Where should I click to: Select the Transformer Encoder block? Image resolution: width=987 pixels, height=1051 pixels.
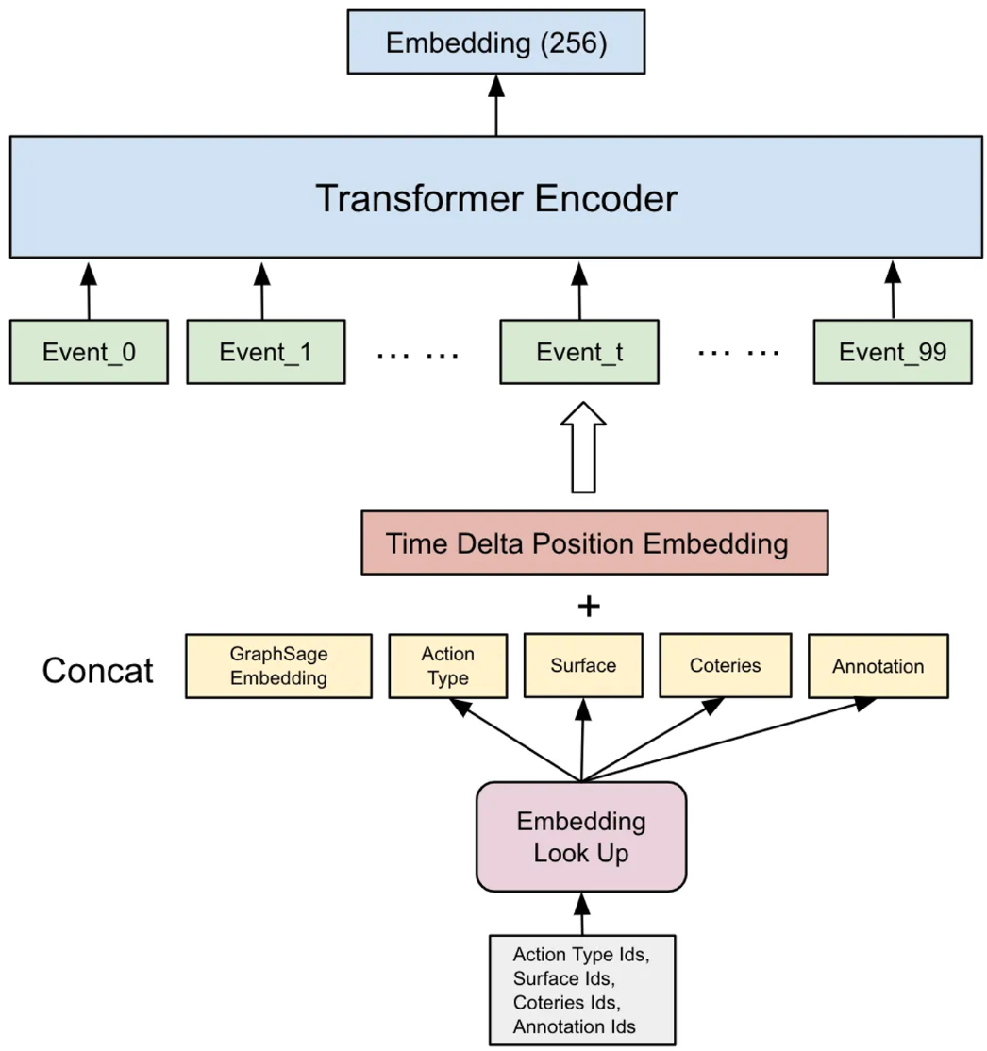(496, 197)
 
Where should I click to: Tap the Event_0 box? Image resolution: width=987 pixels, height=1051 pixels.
(89, 352)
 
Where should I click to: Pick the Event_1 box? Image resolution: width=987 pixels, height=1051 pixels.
(265, 352)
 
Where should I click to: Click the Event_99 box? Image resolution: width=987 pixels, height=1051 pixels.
(893, 352)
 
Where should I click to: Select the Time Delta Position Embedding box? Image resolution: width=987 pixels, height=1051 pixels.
(594, 543)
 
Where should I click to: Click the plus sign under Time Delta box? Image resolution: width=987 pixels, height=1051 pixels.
(588, 606)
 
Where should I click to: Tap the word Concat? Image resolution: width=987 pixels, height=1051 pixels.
(98, 670)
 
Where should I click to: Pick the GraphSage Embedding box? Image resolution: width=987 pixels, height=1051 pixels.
(278, 665)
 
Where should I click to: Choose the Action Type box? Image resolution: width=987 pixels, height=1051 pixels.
(448, 665)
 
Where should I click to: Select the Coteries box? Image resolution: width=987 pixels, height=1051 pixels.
(724, 665)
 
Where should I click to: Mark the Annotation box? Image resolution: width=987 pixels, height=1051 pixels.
(878, 665)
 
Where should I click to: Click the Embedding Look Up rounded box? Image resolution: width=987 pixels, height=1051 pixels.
(581, 836)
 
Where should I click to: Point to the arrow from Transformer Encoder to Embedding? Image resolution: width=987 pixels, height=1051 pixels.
(496, 106)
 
